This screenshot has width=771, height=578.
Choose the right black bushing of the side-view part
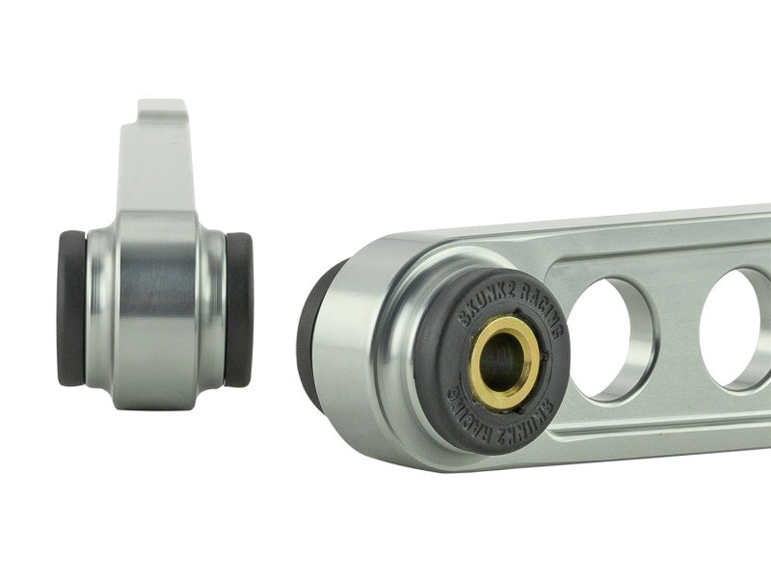pos(239,308)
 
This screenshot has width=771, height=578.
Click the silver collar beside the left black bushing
pos(96,308)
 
